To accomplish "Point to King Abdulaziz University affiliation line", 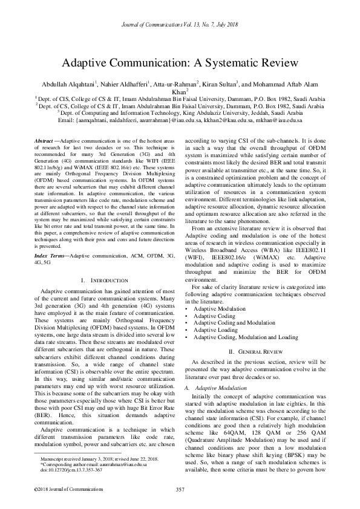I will click(x=180, y=112).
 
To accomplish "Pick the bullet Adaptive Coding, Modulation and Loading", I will click(x=245, y=337).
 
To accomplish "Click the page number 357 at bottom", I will click(x=180, y=488).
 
